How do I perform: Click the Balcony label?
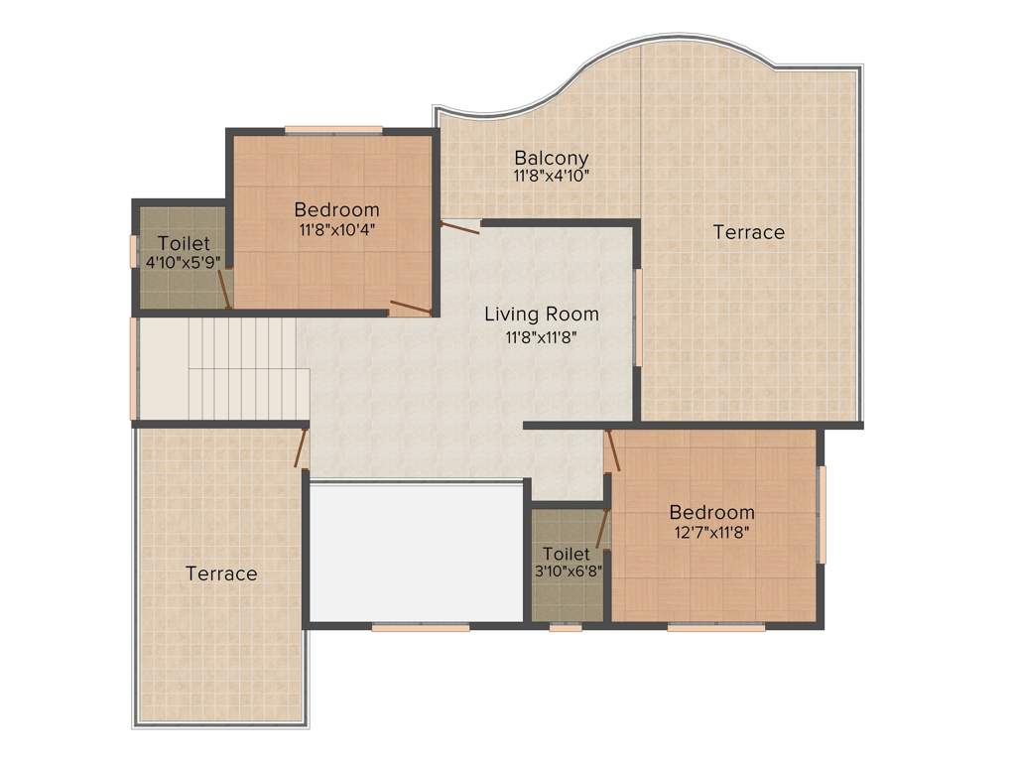click(551, 158)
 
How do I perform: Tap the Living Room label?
click(542, 315)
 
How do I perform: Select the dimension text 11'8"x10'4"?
click(336, 229)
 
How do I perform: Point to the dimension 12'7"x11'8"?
click(711, 532)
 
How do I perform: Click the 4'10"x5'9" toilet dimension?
click(184, 263)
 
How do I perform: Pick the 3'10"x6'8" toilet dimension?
click(567, 571)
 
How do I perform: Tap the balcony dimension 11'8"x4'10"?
click(551, 177)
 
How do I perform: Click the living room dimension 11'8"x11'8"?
click(542, 336)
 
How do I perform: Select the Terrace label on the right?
click(749, 232)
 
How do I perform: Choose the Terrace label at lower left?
click(221, 573)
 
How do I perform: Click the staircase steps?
click(242, 368)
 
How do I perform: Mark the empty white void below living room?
click(416, 553)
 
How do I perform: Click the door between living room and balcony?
click(459, 227)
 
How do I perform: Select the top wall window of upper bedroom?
click(333, 129)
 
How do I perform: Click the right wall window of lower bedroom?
click(822, 514)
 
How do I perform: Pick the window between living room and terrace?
click(638, 317)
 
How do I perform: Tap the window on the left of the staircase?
click(133, 368)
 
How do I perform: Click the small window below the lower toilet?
click(566, 627)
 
